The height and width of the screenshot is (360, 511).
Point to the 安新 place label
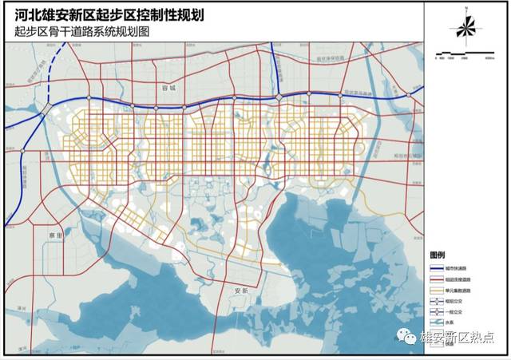point(237,291)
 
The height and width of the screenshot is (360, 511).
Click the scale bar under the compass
point(465,55)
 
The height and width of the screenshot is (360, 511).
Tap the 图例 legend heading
point(437,251)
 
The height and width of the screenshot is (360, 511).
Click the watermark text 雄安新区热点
point(458,338)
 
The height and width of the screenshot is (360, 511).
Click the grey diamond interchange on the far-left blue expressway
point(49,108)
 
